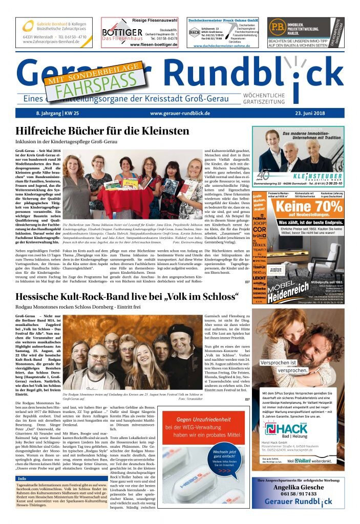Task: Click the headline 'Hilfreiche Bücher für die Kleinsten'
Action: click(102, 131)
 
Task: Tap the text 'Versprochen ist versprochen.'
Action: click(278, 366)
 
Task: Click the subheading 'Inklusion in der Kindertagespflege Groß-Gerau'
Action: click(67, 141)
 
